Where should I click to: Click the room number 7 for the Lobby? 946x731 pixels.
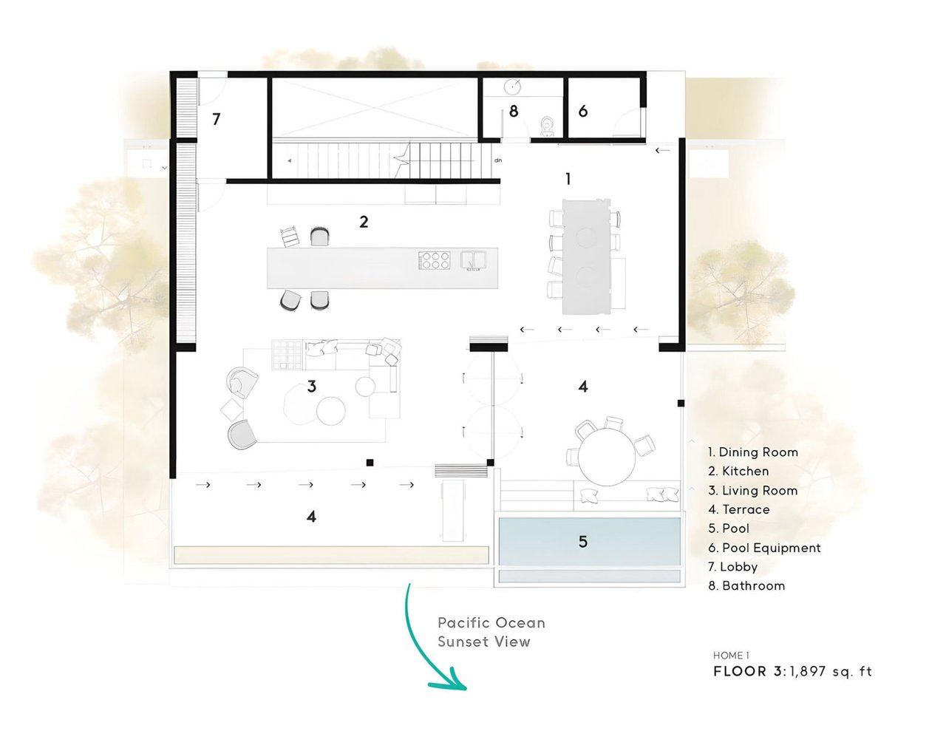217,119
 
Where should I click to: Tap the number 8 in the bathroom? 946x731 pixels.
514,112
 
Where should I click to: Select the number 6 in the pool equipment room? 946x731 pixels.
583,112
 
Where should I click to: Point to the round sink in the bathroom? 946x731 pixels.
512,87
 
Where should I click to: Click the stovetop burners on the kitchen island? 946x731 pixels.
434,260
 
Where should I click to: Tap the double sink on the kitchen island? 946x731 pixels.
473,260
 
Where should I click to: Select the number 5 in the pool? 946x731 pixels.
583,542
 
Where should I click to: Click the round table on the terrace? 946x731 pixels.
607,457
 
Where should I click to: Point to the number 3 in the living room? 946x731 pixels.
312,386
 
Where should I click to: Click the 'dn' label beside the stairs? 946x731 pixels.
498,160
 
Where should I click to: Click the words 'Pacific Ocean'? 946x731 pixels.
491,623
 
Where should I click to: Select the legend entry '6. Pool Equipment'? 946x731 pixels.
764,548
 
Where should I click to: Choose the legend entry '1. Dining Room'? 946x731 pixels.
753,452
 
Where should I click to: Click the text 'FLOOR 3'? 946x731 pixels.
748,671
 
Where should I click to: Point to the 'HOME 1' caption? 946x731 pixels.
732,656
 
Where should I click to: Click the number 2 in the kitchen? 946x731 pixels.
364,222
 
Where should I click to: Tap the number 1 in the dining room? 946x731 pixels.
568,179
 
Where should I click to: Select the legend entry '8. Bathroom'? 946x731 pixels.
746,585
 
